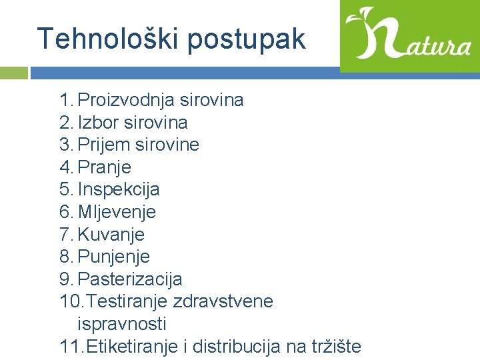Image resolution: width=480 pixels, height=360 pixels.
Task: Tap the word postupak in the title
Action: point(246,40)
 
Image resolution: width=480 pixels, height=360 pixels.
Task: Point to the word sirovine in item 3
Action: point(169,145)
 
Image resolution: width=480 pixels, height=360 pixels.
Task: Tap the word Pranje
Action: point(105,167)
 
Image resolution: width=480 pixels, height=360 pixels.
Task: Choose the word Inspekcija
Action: point(119,190)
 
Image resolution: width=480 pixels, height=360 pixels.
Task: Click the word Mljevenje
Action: point(117,212)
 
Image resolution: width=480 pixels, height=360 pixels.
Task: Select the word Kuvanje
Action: point(111,235)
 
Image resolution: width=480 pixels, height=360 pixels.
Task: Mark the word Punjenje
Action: point(114,257)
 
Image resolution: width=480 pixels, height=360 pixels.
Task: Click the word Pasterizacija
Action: point(130,279)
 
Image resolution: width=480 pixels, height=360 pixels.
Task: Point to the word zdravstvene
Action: point(223,301)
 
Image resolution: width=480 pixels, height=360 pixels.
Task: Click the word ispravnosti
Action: point(122,324)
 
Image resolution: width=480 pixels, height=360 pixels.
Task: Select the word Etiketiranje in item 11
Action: point(127,346)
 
